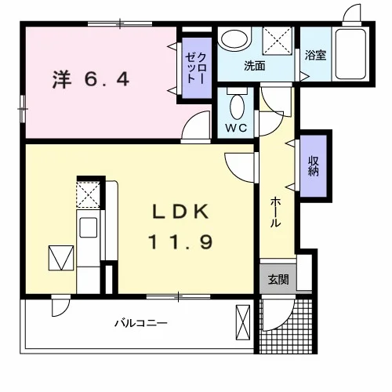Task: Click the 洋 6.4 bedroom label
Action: pyautogui.click(x=91, y=79)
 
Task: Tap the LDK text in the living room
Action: pyautogui.click(x=180, y=211)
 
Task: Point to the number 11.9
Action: pyautogui.click(x=180, y=241)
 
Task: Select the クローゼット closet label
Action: pyautogui.click(x=196, y=68)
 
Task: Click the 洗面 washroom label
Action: pyautogui.click(x=255, y=66)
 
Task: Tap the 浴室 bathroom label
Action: pyautogui.click(x=315, y=56)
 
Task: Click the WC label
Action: pyautogui.click(x=236, y=128)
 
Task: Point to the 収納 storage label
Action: pyautogui.click(x=313, y=166)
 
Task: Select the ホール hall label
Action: pyautogui.click(x=275, y=212)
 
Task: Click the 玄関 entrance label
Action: pyautogui.click(x=278, y=280)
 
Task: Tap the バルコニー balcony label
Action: pyautogui.click(x=141, y=324)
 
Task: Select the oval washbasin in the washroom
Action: pyautogui.click(x=234, y=39)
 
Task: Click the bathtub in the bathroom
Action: pyautogui.click(x=351, y=54)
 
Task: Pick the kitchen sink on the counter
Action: pyautogui.click(x=89, y=227)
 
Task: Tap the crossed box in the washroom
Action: pyautogui.click(x=277, y=41)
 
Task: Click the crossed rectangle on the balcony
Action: pyautogui.click(x=243, y=322)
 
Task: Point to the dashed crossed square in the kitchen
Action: pyautogui.click(x=88, y=194)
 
